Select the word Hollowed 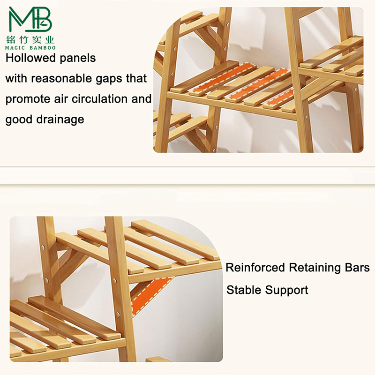click(x=30, y=58)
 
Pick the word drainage click(x=60, y=120)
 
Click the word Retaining click(x=316, y=268)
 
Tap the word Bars click(x=359, y=268)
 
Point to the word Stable click(x=244, y=290)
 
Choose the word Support click(x=287, y=291)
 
